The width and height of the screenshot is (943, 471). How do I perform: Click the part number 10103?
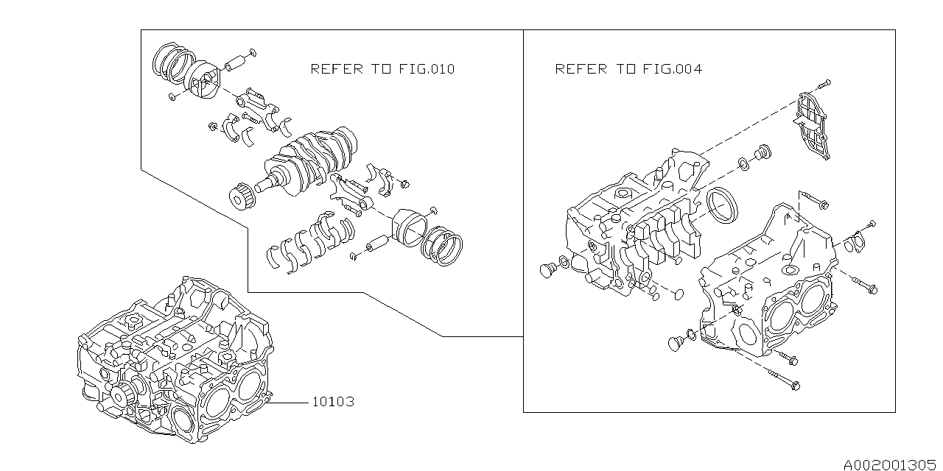tap(333, 402)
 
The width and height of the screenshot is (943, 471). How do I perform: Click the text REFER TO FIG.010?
tap(382, 69)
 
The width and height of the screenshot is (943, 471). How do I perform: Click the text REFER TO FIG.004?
tap(628, 69)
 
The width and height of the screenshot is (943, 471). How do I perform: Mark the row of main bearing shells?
tap(309, 239)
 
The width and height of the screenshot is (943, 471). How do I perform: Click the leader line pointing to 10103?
tap(292, 402)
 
